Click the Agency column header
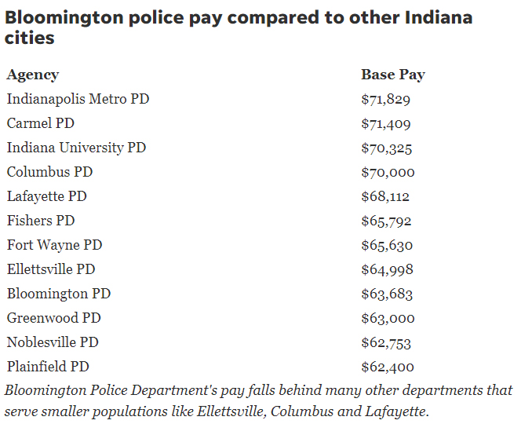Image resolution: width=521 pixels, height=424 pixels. [33, 75]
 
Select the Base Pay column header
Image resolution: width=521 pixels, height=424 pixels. [392, 75]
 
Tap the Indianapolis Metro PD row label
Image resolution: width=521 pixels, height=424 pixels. [78, 99]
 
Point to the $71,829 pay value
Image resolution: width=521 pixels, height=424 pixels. [385, 100]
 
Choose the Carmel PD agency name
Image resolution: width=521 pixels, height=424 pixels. [41, 123]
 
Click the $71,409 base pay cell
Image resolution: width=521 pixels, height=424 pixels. [385, 124]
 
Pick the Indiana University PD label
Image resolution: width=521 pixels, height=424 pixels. [76, 148]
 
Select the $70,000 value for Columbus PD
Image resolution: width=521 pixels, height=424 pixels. [388, 173]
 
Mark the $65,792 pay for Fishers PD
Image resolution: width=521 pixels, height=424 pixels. [386, 221]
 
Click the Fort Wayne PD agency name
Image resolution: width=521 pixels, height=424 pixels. [54, 245]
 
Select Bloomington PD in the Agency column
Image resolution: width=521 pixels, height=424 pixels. [59, 294]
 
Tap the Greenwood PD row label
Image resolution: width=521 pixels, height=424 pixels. [53, 318]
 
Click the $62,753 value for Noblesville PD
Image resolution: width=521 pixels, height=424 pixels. [386, 343]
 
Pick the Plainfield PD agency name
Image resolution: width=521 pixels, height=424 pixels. [48, 367]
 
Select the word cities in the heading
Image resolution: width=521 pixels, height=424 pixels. [31, 38]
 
